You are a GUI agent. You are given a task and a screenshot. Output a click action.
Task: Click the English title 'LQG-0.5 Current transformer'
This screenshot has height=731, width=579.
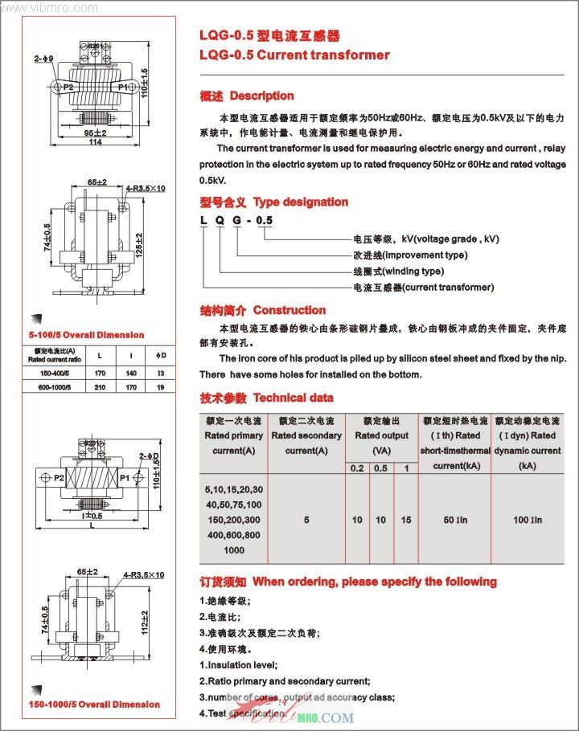pyautogui.click(x=294, y=55)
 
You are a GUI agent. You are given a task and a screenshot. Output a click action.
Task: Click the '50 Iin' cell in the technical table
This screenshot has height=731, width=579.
pyautogui.click(x=455, y=521)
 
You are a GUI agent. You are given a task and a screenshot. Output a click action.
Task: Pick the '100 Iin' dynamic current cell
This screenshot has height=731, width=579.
pyautogui.click(x=528, y=521)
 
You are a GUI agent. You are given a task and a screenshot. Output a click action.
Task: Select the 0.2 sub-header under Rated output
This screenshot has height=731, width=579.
pyautogui.click(x=357, y=468)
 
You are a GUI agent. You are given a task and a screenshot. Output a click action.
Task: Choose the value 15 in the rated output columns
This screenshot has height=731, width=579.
pyautogui.click(x=405, y=521)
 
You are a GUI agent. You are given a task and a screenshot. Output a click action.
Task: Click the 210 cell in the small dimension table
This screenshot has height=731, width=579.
pyautogui.click(x=99, y=387)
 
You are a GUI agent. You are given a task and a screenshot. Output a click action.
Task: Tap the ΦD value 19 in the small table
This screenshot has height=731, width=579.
pyautogui.click(x=160, y=387)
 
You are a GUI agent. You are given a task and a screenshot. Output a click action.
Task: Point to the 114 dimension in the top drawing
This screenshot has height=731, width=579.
pyautogui.click(x=95, y=142)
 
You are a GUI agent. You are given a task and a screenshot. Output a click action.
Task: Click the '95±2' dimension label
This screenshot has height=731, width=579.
pyautogui.click(x=95, y=132)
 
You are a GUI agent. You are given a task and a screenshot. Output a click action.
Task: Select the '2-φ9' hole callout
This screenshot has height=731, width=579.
pyautogui.click(x=43, y=59)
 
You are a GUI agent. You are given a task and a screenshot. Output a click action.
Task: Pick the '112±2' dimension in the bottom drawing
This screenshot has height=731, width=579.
pyautogui.click(x=146, y=620)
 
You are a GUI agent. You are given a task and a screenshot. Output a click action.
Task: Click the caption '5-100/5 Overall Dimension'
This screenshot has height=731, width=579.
pyautogui.click(x=86, y=335)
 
